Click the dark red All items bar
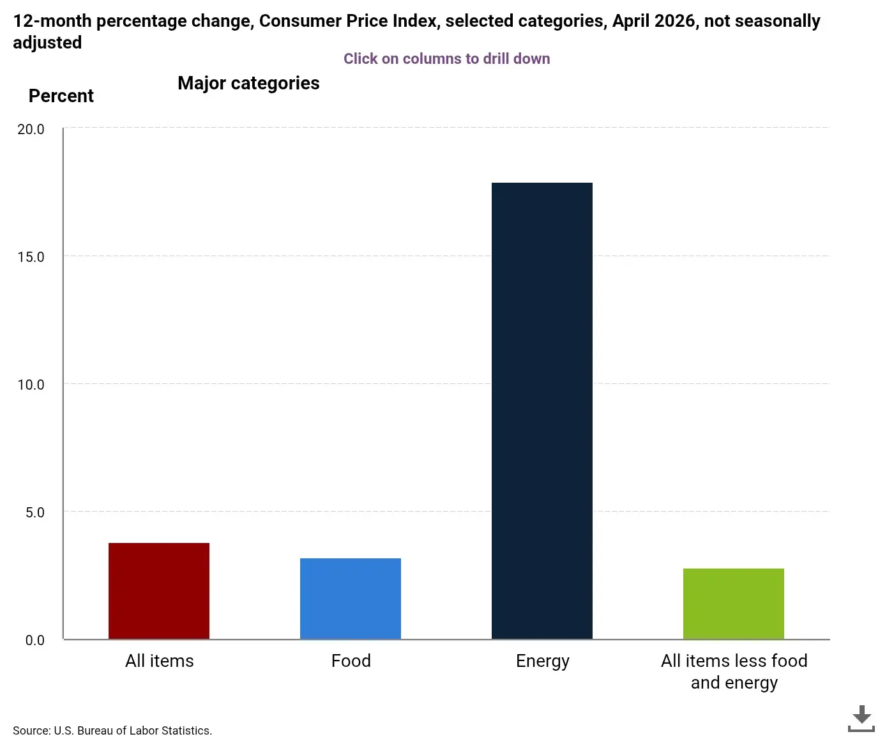pyautogui.click(x=159, y=591)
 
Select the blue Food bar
pyautogui.click(x=350, y=599)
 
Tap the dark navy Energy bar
pyautogui.click(x=542, y=411)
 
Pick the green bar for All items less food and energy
pyautogui.click(x=734, y=604)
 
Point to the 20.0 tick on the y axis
pyautogui.click(x=31, y=129)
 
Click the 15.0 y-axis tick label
pyautogui.click(x=31, y=257)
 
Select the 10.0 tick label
pyautogui.click(x=31, y=384)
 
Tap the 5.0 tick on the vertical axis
pyautogui.click(x=34, y=512)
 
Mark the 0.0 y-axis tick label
pyautogui.click(x=34, y=640)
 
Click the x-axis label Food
pyautogui.click(x=351, y=661)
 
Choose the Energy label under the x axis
pyautogui.click(x=543, y=662)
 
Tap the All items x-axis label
pyautogui.click(x=159, y=661)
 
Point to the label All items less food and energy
pyautogui.click(x=734, y=671)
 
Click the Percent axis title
pyautogui.click(x=61, y=96)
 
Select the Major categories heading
pyautogui.click(x=248, y=84)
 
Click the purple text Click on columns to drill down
pyautogui.click(x=446, y=59)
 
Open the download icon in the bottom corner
pyautogui.click(x=861, y=719)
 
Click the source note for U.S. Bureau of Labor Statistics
pyautogui.click(x=112, y=730)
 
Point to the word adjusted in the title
pyautogui.click(x=47, y=43)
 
